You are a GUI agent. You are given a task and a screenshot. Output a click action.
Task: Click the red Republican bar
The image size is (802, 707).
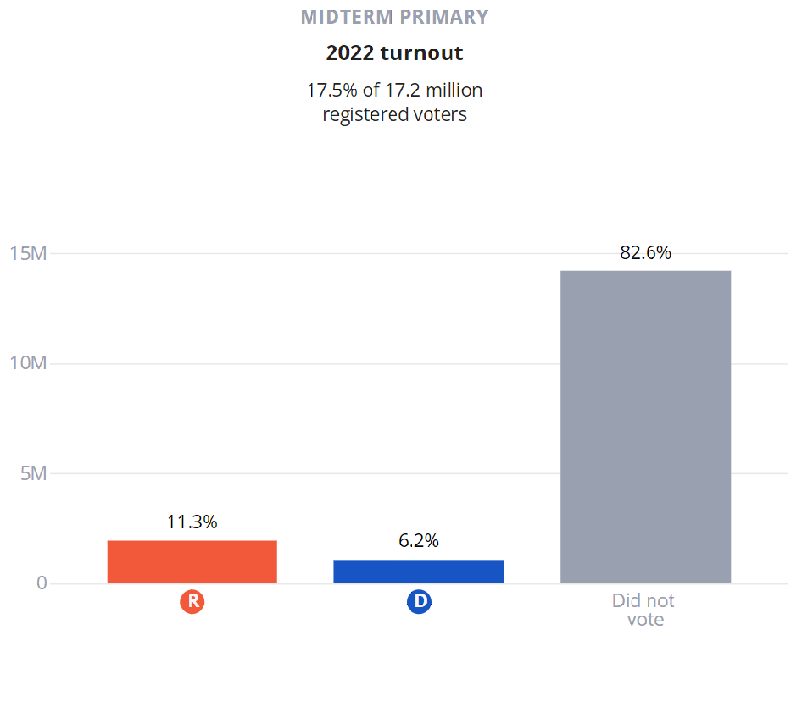tap(192, 561)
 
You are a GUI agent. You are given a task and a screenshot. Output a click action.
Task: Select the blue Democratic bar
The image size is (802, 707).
tap(419, 572)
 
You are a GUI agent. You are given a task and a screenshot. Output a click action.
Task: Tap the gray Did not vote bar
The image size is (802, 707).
tap(645, 427)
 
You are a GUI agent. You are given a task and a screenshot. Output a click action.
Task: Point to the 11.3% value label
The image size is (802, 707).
tap(192, 522)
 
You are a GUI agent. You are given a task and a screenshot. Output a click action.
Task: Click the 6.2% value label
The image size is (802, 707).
tap(419, 541)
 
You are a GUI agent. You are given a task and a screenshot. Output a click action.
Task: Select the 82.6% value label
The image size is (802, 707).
tap(645, 252)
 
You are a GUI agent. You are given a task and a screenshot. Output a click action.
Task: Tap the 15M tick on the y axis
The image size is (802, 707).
tap(28, 253)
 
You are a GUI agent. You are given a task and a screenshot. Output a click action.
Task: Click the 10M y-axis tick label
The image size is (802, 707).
tap(28, 363)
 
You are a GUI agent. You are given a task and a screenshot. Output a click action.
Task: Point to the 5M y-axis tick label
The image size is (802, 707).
tap(33, 473)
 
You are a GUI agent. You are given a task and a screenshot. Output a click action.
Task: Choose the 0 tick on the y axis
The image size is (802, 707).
tap(42, 583)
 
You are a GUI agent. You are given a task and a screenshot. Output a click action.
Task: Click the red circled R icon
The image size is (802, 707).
tap(192, 602)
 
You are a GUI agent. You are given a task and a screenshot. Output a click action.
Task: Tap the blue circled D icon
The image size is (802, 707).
tap(419, 602)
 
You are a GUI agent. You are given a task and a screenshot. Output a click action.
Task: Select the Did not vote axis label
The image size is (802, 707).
tap(644, 610)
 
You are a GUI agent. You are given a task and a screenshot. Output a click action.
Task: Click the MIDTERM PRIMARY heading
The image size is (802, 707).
tap(394, 17)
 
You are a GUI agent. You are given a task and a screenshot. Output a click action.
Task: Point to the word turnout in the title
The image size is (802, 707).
tap(421, 53)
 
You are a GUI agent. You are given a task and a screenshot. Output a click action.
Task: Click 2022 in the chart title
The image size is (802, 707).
tap(350, 53)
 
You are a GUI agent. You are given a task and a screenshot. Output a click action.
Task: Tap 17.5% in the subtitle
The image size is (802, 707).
tap(332, 90)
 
